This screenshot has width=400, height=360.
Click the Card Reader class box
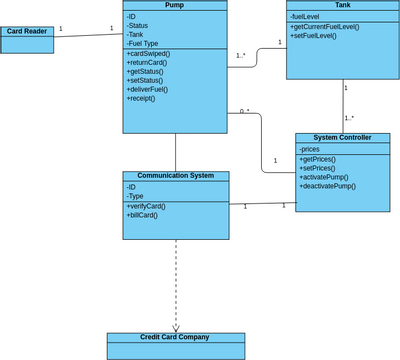coord(27,39)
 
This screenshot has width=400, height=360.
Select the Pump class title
coord(174,5)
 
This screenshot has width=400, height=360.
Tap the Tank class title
coord(342,5)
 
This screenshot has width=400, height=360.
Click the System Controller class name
coord(342,138)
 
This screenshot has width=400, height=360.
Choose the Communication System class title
coord(175,175)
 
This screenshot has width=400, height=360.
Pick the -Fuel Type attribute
coord(144,43)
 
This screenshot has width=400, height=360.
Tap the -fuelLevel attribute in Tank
coord(306,17)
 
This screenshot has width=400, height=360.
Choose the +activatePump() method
coord(326,177)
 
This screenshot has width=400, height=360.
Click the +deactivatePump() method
coord(329,186)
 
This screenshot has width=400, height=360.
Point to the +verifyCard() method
coord(146,206)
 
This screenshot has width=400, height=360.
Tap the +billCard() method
coord(142,215)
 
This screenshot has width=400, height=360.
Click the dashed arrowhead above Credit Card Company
coord(176,327)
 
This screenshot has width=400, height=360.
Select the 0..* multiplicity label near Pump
coord(244,111)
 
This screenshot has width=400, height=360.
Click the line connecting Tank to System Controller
coord(343,105)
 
